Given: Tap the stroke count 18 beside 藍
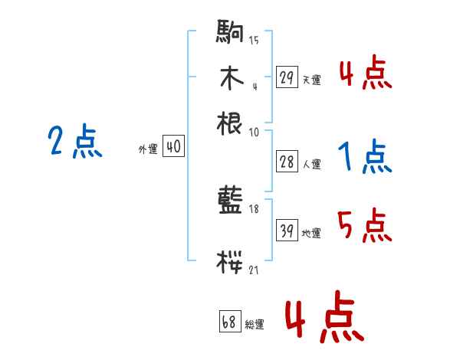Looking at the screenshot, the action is click(254, 208).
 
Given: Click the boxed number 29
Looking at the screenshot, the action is click(287, 77).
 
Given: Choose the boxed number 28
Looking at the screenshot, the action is click(287, 162).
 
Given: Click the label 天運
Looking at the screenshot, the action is click(311, 80).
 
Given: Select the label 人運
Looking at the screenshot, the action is click(311, 165).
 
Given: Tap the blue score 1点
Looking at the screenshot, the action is click(364, 158).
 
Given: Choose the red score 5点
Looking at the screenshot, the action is click(364, 226).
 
